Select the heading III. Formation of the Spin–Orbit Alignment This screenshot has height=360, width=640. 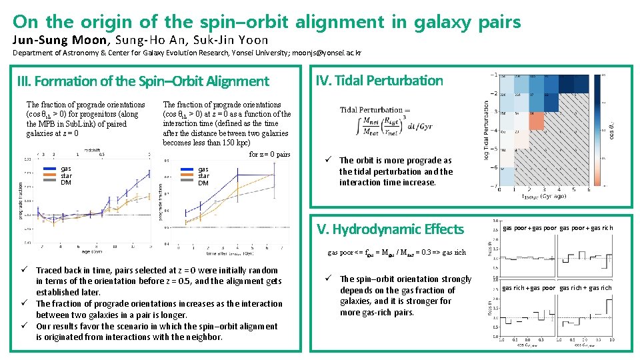pyautogui.click(x=143, y=81)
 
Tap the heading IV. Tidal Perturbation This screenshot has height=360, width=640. pyautogui.click(x=379, y=81)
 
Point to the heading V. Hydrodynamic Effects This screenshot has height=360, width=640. pyautogui.click(x=390, y=229)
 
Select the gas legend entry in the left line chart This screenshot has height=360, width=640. pyautogui.click(x=66, y=169)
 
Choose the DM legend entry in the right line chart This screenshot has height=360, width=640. pyautogui.click(x=203, y=183)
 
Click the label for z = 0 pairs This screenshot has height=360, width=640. pyautogui.click(x=269, y=154)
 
